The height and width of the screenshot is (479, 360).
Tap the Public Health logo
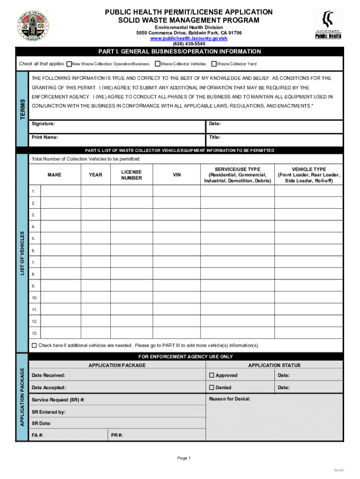pos(328,25)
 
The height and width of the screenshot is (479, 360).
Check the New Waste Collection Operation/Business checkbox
pos(69,64)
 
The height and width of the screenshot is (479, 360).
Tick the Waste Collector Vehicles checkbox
pos(157,64)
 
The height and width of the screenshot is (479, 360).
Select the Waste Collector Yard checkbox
pos(214,64)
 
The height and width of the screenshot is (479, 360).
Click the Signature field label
pos(43,124)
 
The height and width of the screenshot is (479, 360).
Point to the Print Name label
pos(45,138)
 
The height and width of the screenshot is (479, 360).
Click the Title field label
pos(214,138)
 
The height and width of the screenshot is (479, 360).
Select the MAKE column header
pos(54,175)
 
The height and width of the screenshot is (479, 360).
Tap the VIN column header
pos(177,175)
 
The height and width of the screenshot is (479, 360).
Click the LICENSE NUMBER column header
pos(131,175)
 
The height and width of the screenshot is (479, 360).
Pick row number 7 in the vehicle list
pos(34,262)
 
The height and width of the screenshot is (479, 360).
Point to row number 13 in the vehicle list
pos(35,334)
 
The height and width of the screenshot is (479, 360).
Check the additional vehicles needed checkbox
pos(34,346)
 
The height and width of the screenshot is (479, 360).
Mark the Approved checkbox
pos(211,375)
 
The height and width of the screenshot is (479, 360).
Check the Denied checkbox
pos(211,387)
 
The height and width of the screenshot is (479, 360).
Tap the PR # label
pos(117,435)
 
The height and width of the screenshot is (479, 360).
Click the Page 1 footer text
pos(184,458)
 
